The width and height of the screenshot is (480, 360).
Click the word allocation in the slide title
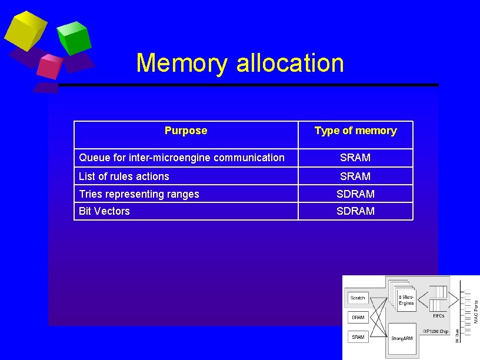tap(290, 63)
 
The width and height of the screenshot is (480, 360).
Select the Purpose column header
tap(186, 131)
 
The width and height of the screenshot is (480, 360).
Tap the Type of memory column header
tap(355, 131)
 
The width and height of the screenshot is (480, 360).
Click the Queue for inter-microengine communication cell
tap(182, 158)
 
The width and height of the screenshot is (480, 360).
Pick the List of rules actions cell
tap(124, 176)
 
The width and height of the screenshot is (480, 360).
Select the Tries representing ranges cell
tap(139, 194)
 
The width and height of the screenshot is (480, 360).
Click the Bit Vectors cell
tap(104, 211)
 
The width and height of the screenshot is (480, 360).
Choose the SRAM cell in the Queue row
tap(355, 158)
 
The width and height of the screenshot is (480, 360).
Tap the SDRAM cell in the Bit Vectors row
tap(355, 211)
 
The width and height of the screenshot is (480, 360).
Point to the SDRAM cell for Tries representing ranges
tap(355, 194)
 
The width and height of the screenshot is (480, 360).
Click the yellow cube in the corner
tap(25, 31)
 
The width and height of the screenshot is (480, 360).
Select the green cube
tap(75, 37)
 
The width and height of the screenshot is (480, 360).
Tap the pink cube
tap(49, 66)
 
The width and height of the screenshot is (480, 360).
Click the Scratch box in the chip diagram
tap(358, 298)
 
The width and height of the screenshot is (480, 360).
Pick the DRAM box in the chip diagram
tap(358, 318)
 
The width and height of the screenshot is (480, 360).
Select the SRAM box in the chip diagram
tap(358, 337)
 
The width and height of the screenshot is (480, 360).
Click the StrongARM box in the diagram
tap(402, 338)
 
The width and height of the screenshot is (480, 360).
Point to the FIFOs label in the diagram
tap(438, 316)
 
